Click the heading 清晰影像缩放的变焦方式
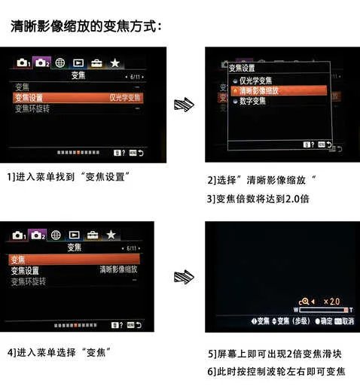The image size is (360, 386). [86, 27]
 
